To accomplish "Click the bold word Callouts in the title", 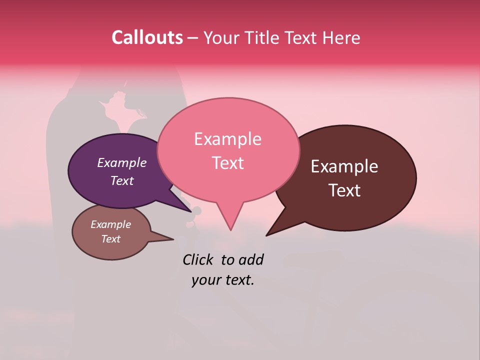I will point(147,37).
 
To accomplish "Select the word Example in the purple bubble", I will point(122,162).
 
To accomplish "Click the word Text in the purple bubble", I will point(122,180).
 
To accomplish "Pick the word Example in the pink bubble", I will point(227,139).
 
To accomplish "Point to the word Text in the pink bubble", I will point(228,162).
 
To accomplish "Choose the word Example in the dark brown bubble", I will point(344,166).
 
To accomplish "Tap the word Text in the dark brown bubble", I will point(345,190).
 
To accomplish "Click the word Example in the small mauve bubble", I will point(111,224).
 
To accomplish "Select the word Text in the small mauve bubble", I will point(111,239).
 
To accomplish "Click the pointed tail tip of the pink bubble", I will point(230,230).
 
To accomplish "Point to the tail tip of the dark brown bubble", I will point(266,235).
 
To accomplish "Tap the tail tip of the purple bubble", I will point(191,211).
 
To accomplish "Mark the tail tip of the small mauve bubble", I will point(173,239).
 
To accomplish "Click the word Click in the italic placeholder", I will point(199,259).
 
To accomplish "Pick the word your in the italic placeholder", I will point(205,280).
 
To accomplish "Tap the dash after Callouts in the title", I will point(193,37).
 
